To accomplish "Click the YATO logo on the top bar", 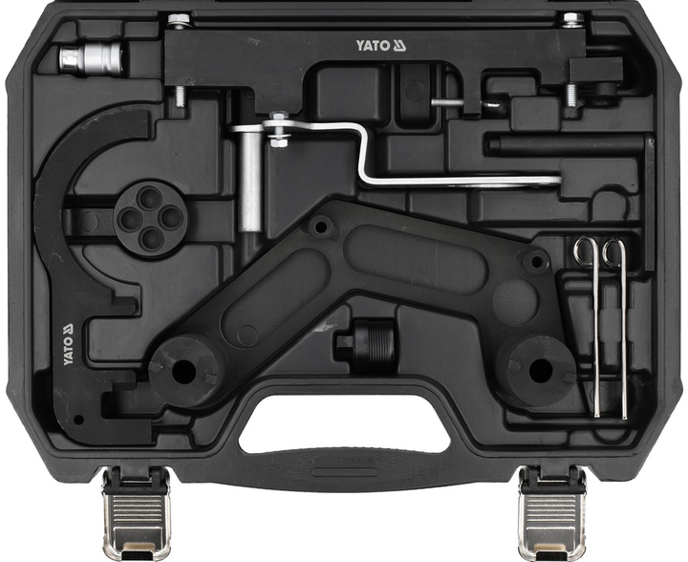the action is (x=381, y=45).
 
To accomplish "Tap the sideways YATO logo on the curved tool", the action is (x=68, y=344).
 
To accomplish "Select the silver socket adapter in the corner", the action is (x=91, y=59).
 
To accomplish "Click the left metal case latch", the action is (x=136, y=512).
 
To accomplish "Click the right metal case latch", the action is (x=551, y=512).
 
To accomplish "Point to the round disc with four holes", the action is (x=150, y=220).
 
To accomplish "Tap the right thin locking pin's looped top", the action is (x=613, y=251).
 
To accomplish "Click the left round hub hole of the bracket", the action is (x=183, y=372).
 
